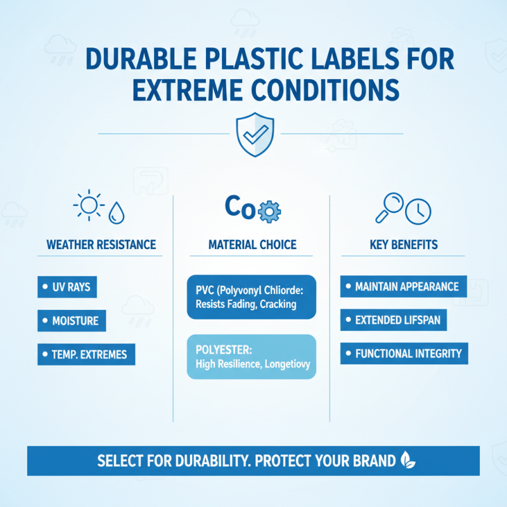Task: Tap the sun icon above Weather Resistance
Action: [88, 206]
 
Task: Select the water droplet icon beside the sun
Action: [117, 213]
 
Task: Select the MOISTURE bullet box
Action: [71, 321]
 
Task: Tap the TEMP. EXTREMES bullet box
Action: [86, 354]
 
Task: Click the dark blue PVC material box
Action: [251, 297]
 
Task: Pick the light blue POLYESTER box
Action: [251, 357]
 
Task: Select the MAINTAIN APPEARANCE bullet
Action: [403, 286]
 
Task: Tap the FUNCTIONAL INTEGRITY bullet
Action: [404, 354]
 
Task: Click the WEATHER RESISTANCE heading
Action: [101, 245]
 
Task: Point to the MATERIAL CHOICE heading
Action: [252, 245]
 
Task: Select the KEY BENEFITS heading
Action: [404, 245]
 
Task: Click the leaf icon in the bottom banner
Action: [407, 460]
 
